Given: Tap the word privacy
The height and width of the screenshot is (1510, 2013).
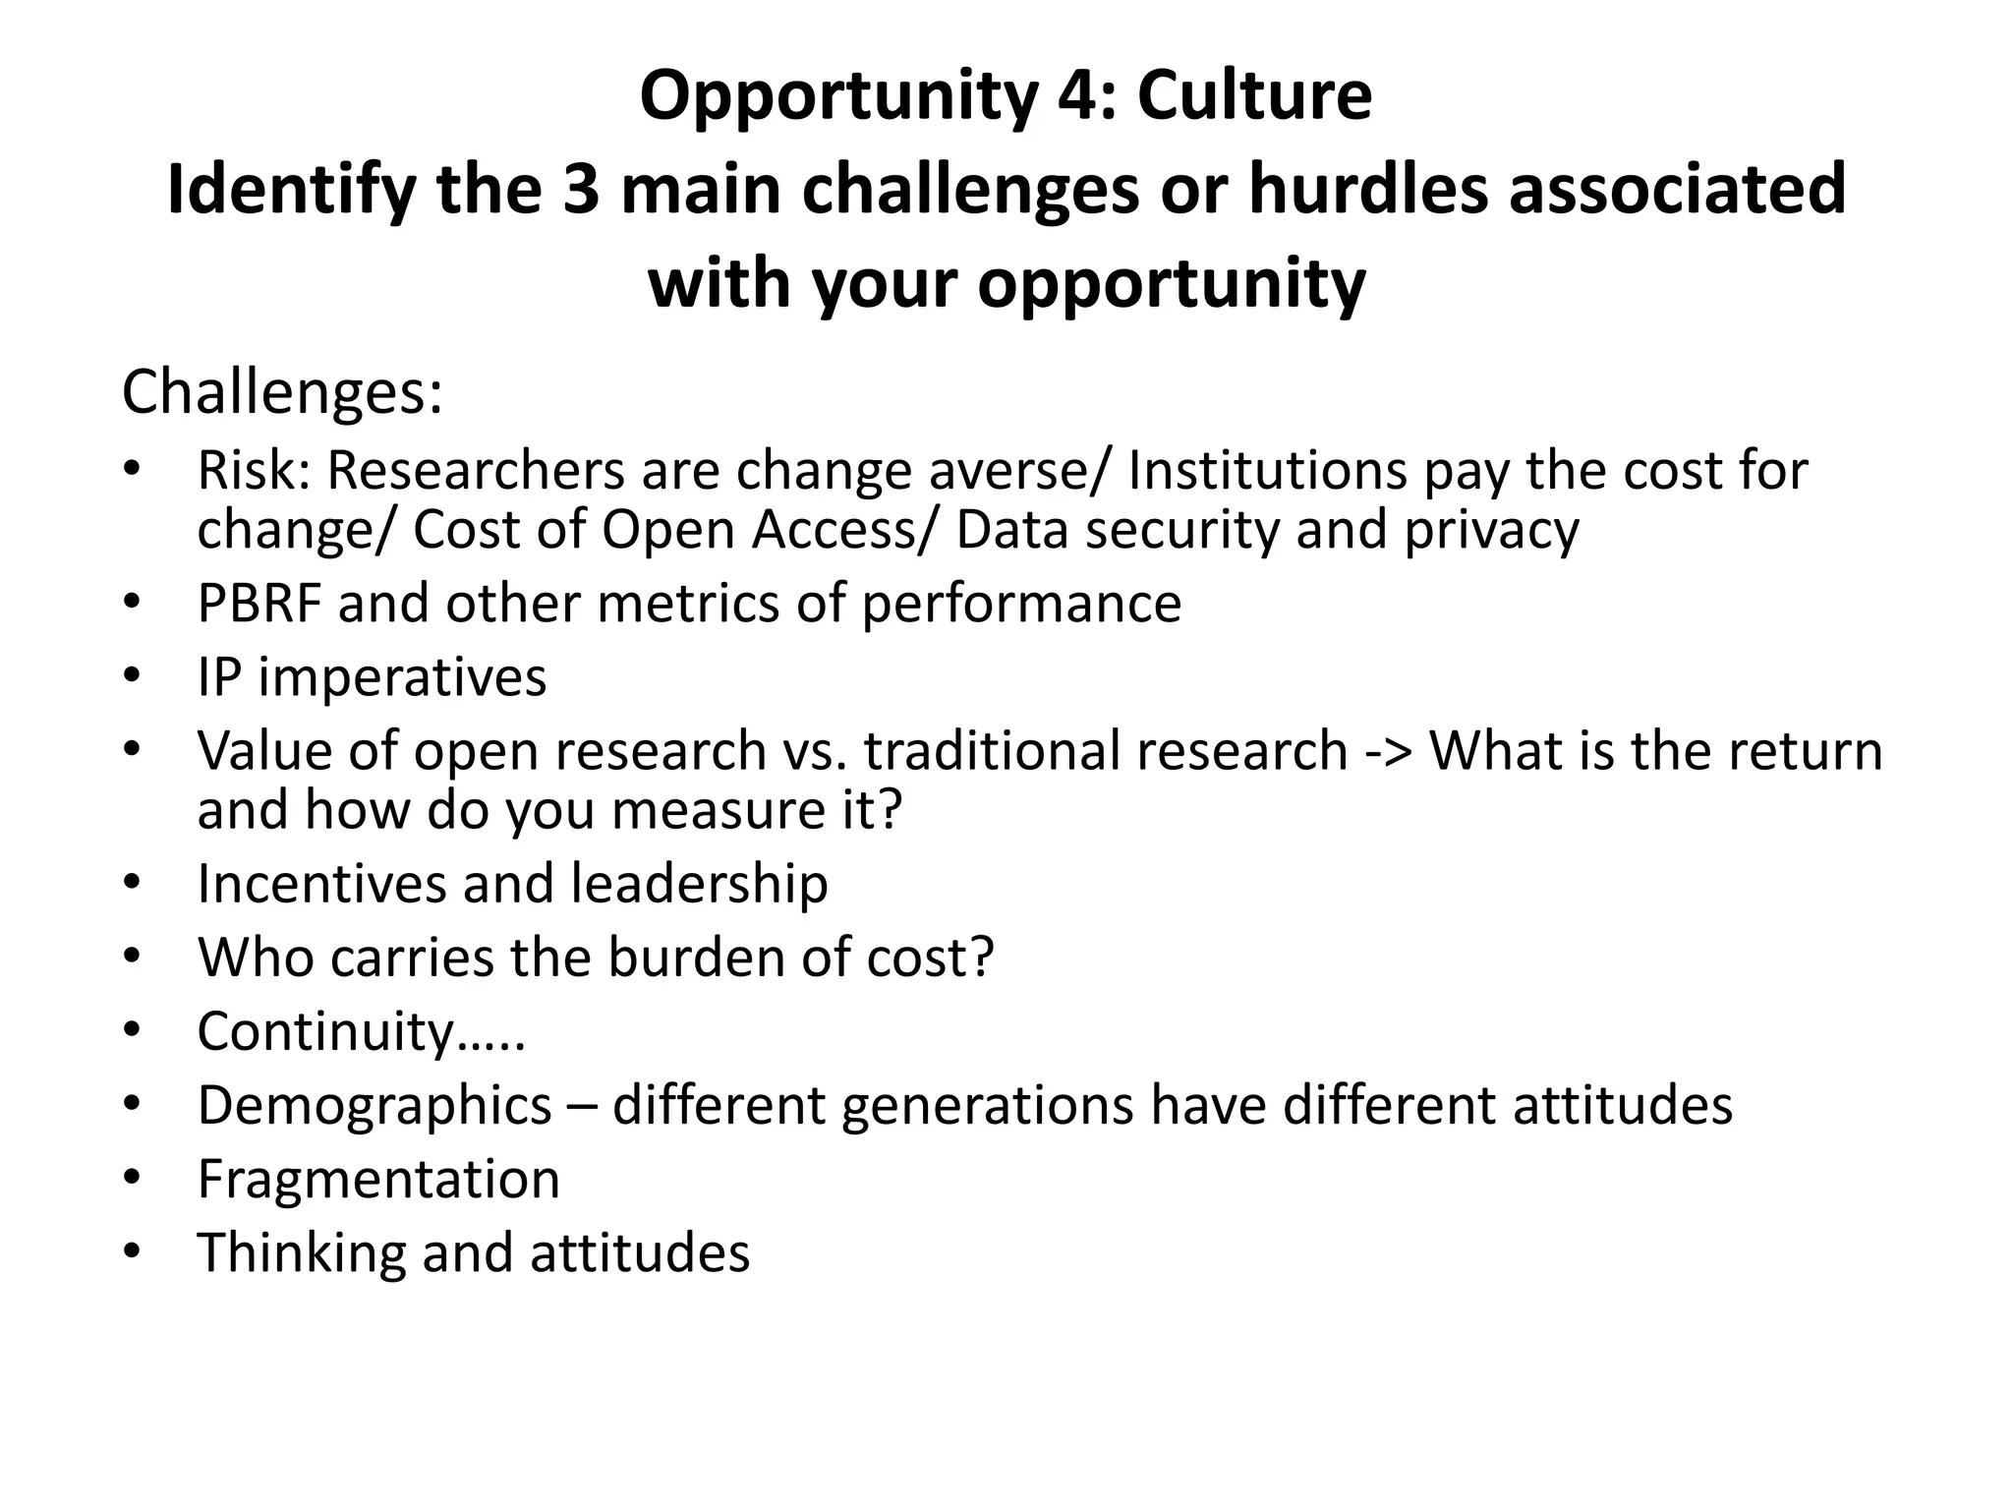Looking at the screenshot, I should point(1491,530).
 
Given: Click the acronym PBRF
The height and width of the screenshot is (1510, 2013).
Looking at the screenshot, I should point(259,603).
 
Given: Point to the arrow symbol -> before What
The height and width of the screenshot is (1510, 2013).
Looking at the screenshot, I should point(1389,751).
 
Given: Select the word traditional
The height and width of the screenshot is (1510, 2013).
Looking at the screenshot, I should point(992,751).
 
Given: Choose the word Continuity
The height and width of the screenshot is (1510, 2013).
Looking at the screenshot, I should point(326,1032).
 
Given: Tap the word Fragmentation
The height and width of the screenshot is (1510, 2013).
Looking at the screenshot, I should point(378,1179).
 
